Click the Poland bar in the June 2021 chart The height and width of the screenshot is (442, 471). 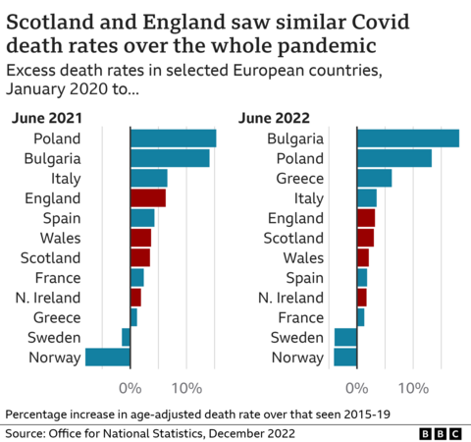click(x=173, y=138)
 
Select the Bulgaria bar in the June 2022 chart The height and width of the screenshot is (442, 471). click(x=407, y=138)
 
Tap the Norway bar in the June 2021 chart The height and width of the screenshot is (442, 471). click(x=108, y=357)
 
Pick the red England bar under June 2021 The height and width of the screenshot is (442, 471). click(x=148, y=197)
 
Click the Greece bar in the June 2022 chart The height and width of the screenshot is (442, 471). click(x=374, y=178)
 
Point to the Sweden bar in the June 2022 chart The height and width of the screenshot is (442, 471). click(x=345, y=337)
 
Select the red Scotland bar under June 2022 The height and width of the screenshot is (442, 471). click(x=365, y=238)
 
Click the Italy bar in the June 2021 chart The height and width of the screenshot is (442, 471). click(x=149, y=178)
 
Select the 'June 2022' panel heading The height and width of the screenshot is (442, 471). click(x=270, y=118)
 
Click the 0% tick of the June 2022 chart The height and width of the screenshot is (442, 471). click(x=357, y=387)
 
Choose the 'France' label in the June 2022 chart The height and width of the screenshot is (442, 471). click(x=301, y=317)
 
